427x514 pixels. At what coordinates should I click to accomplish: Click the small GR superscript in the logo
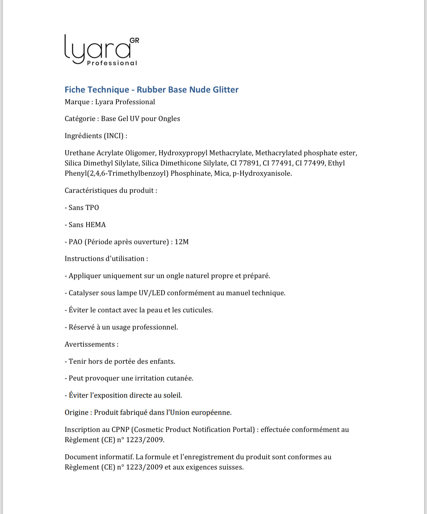click(x=134, y=40)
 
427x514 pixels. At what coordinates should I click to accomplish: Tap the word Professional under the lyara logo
click(x=112, y=63)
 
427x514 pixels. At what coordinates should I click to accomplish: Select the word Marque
click(x=77, y=102)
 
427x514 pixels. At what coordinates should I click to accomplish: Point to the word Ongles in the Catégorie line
click(x=169, y=119)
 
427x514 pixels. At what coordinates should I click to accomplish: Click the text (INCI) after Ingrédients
click(x=114, y=136)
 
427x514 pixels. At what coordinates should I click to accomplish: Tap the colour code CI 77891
click(x=245, y=163)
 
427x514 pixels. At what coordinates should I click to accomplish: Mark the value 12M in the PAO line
click(x=181, y=242)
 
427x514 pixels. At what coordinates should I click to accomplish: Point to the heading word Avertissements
click(x=90, y=344)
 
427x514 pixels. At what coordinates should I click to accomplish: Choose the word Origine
click(x=77, y=412)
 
